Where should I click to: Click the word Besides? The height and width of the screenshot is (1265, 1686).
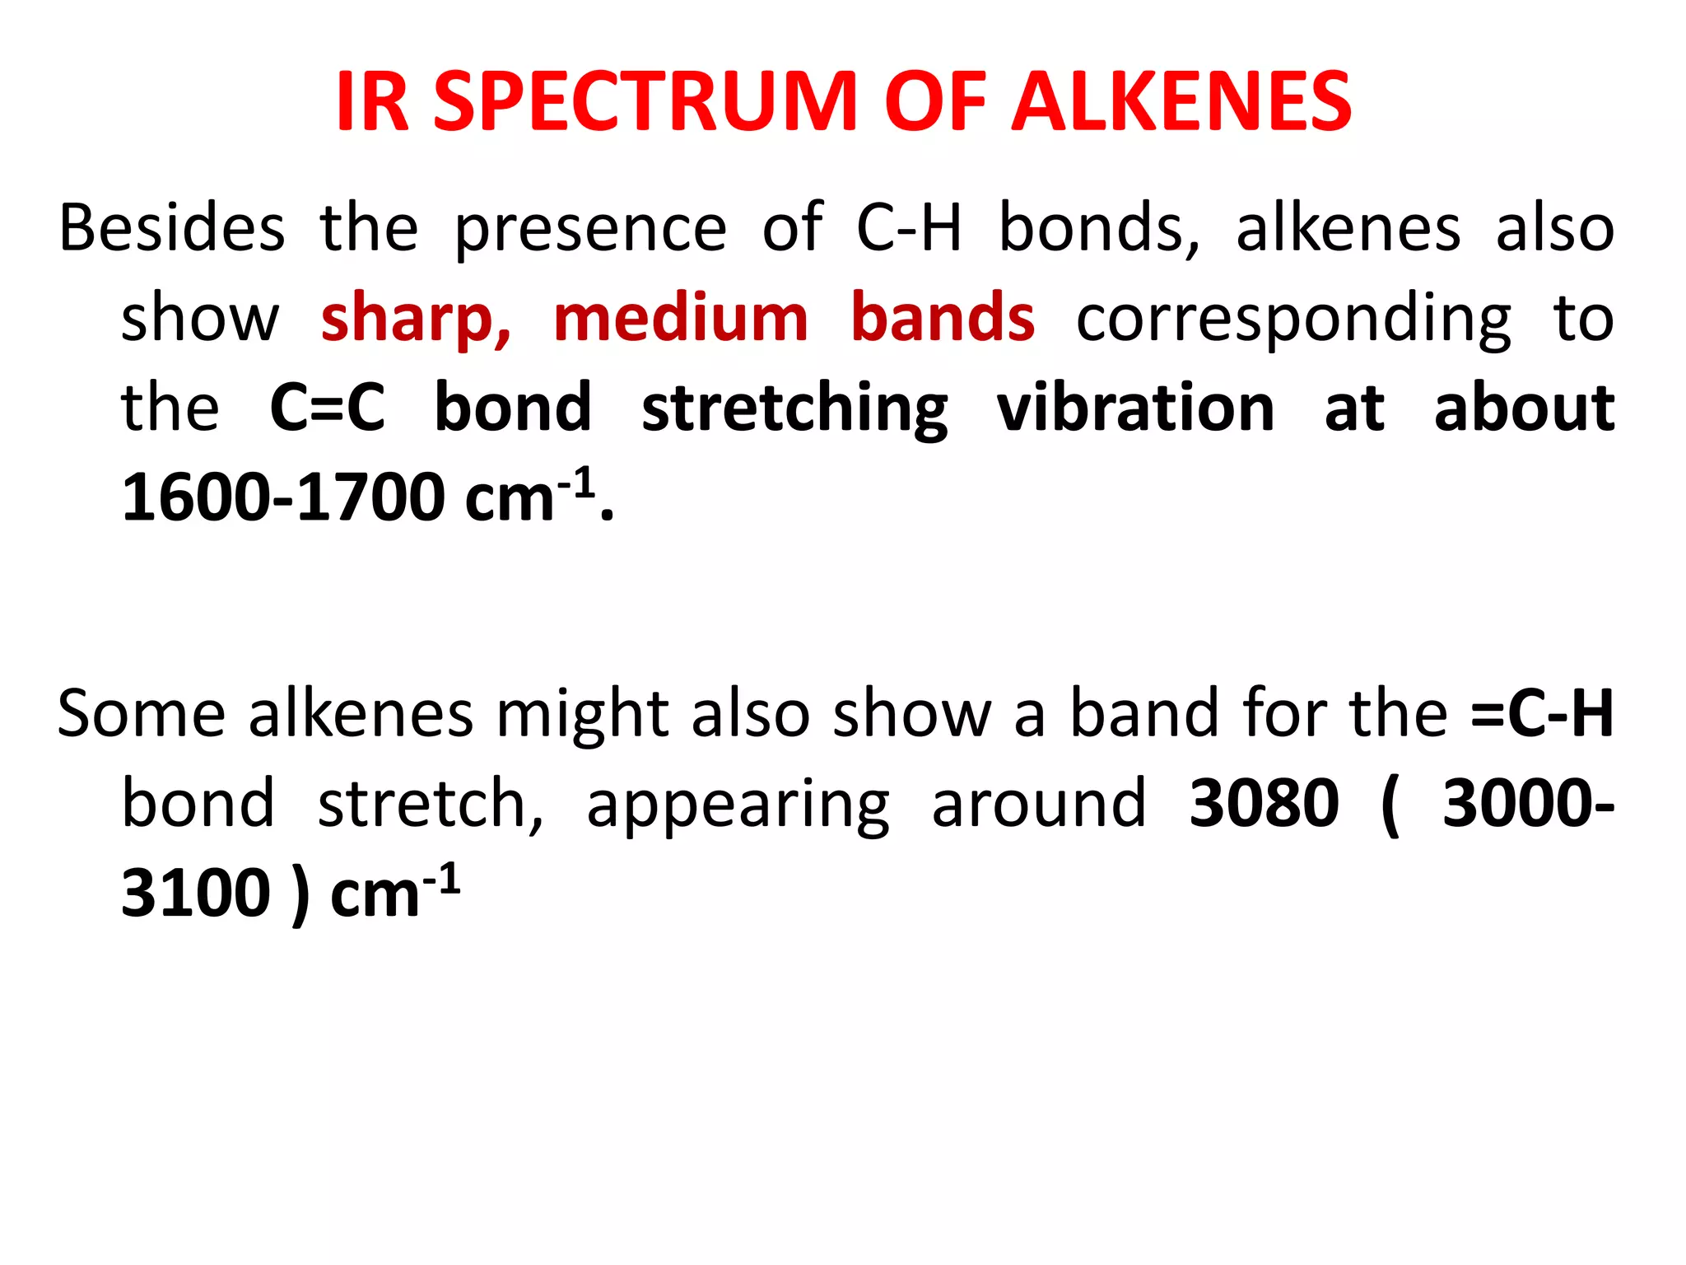[x=172, y=228]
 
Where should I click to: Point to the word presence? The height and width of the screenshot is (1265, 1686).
[x=590, y=228]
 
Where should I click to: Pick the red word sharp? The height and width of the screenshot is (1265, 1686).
[x=416, y=318]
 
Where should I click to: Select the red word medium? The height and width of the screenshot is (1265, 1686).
[x=681, y=318]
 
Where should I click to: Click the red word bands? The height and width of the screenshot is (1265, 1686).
[x=943, y=318]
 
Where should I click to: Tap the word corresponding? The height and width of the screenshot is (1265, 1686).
[x=1293, y=318]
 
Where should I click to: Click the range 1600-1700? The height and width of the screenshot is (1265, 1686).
[x=283, y=497]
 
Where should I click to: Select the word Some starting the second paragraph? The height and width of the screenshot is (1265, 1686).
[x=141, y=713]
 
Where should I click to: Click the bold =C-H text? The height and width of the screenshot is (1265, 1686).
[x=1542, y=713]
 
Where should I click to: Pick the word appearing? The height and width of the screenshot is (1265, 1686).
[x=738, y=804]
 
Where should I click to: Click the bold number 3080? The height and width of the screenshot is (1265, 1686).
[x=1264, y=804]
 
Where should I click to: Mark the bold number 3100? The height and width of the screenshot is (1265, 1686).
[x=196, y=894]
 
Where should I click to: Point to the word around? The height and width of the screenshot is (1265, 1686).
[x=1039, y=804]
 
